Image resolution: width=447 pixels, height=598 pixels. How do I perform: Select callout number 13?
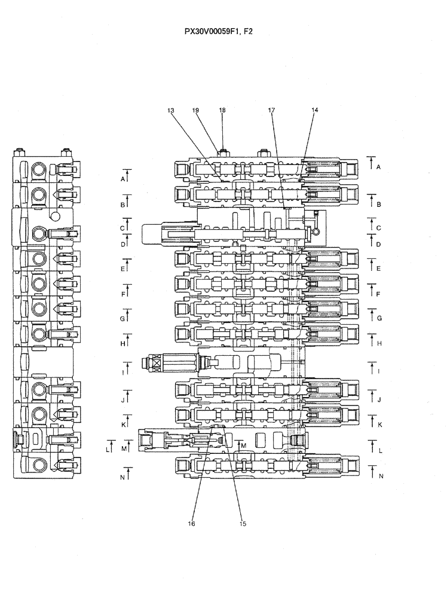[171, 111]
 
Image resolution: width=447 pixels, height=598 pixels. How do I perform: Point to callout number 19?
[195, 111]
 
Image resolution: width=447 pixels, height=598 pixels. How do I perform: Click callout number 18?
[222, 111]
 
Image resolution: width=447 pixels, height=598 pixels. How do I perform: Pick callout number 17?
[271, 111]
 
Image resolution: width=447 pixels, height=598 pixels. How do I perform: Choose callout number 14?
[315, 111]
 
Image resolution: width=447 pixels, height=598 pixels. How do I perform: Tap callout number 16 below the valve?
[192, 523]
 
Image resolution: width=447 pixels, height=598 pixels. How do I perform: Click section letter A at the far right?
[378, 167]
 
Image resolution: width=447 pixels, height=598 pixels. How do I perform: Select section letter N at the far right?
[380, 477]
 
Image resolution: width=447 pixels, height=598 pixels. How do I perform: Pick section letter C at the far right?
[378, 228]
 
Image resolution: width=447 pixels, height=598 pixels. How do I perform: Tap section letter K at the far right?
[379, 424]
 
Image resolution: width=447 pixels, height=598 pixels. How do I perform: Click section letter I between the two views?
[123, 372]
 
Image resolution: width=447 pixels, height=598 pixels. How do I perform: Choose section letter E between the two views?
[123, 269]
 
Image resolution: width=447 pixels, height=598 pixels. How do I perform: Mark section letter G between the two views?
[122, 319]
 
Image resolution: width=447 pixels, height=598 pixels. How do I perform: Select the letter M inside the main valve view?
[243, 446]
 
